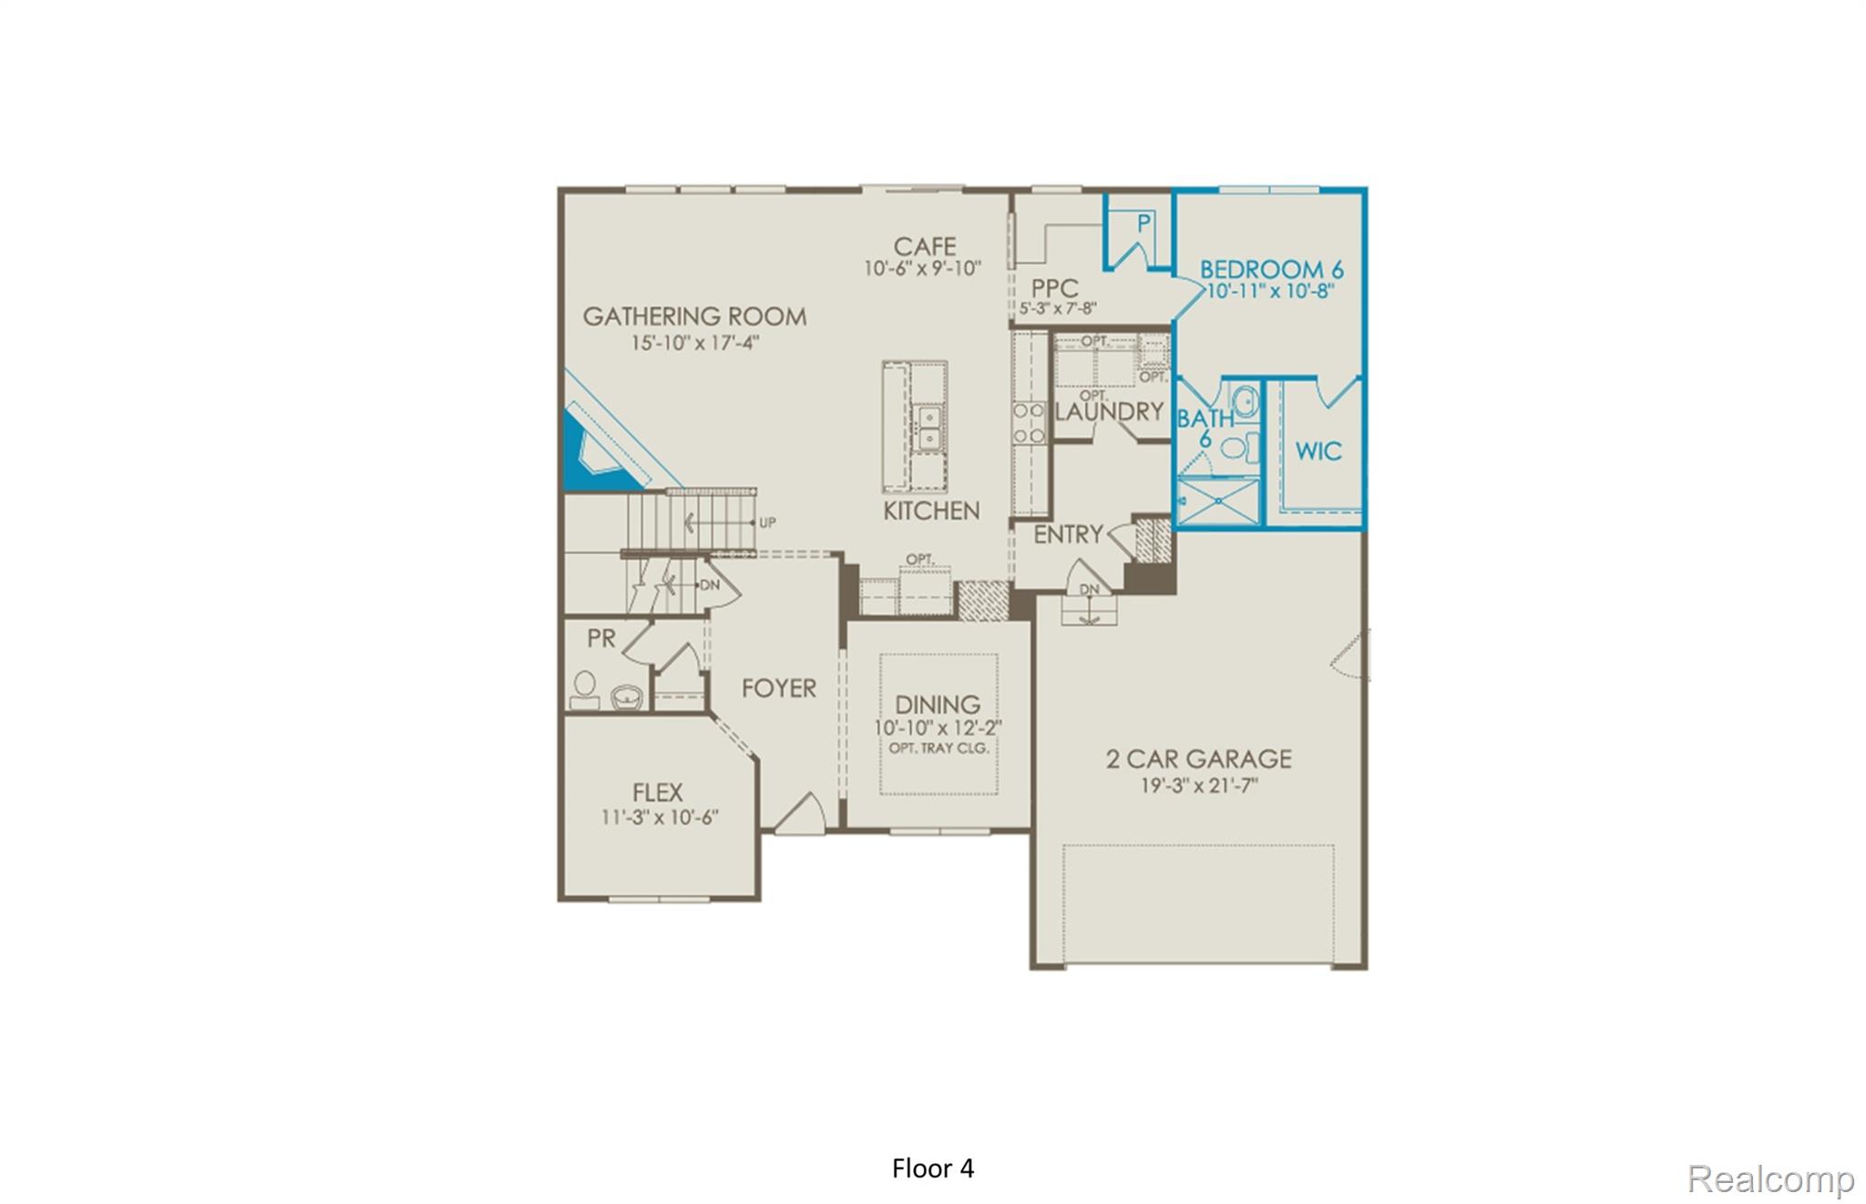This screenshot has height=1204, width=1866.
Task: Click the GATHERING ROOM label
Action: click(694, 317)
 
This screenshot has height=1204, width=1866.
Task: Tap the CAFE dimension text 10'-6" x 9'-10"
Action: click(923, 269)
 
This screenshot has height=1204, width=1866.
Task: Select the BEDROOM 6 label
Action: click(1271, 270)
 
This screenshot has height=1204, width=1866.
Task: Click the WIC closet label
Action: click(1317, 451)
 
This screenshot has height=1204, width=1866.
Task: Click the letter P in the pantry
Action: click(1143, 222)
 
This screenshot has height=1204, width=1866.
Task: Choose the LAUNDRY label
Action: click(1109, 412)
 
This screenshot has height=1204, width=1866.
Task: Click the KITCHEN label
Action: click(931, 511)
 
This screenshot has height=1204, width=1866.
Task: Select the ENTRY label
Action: click(1068, 534)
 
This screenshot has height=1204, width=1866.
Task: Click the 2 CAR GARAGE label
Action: click(1198, 759)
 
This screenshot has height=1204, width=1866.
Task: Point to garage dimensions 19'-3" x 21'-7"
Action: click(1198, 786)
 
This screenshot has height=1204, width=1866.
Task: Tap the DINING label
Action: click(938, 705)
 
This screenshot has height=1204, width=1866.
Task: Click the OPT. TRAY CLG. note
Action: click(938, 748)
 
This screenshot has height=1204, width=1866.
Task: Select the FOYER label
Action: click(778, 688)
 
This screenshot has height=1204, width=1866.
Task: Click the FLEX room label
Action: click(657, 792)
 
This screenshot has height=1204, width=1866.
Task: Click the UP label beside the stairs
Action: click(767, 523)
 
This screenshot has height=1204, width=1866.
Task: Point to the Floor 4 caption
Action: click(932, 1168)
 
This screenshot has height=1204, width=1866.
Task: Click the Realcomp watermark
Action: click(1769, 1179)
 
